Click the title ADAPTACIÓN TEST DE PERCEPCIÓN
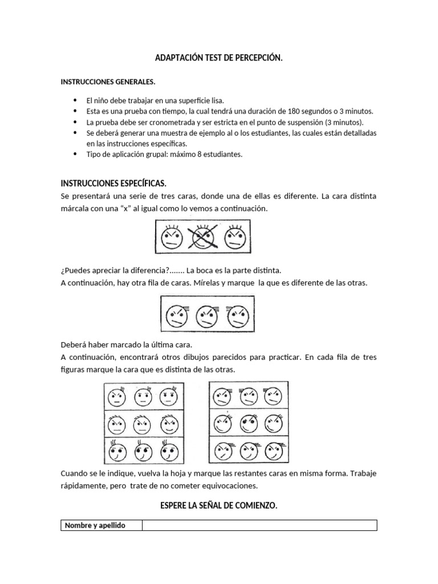click(218, 58)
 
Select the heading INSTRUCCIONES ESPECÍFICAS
click(113, 183)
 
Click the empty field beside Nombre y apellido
click(259, 525)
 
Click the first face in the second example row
click(176, 315)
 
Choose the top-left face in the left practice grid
click(117, 397)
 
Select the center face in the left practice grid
click(142, 424)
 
